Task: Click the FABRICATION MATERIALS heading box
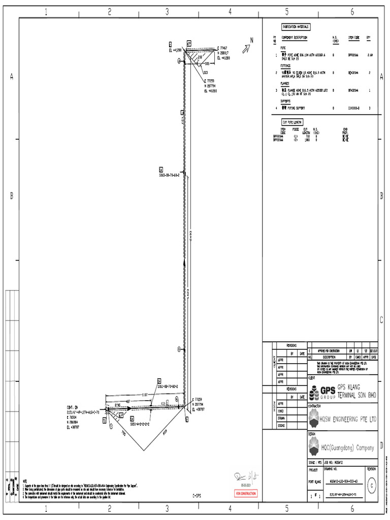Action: point(296,27)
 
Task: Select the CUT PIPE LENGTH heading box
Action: point(292,122)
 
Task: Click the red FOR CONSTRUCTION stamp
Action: point(246,494)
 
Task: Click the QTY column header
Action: point(369,38)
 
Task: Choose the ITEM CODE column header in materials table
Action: point(353,38)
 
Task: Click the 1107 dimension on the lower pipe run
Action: point(144,394)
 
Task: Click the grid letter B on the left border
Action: point(12,197)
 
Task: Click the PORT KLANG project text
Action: point(315,482)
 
